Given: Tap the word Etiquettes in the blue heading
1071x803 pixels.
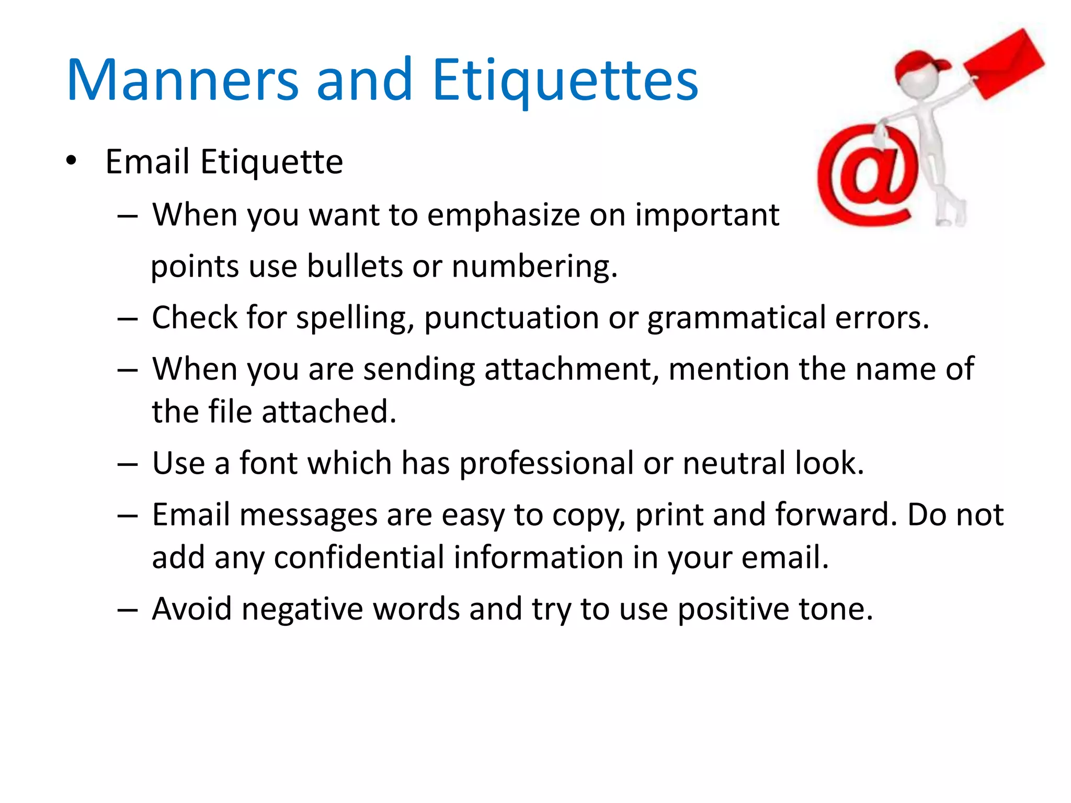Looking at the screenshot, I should (x=565, y=80).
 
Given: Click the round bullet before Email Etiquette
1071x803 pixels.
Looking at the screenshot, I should (x=72, y=160).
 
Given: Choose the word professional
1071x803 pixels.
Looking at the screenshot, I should (x=546, y=463).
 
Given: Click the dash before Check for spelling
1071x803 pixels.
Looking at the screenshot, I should (x=128, y=318).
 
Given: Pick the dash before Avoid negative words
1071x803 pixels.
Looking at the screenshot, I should (x=128, y=610).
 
